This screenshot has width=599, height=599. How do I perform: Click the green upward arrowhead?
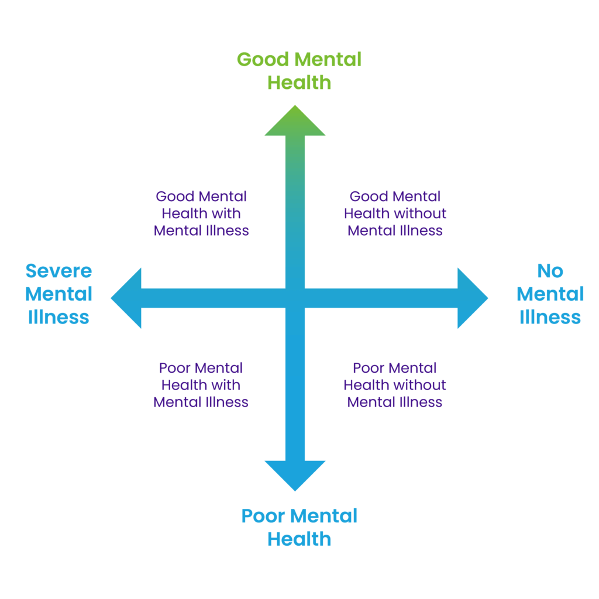tap(295, 123)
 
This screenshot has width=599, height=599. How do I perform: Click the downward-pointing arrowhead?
tap(295, 474)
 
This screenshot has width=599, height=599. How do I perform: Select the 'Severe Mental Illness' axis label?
tap(58, 294)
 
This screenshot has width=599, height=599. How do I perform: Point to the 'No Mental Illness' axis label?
tap(550, 294)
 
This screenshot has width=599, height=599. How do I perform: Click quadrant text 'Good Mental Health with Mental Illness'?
tap(201, 214)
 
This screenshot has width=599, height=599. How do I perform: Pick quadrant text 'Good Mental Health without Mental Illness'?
tap(395, 214)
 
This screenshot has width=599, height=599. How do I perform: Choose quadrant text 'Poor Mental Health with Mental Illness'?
tap(201, 385)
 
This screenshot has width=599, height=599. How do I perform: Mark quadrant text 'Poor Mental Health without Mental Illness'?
tap(395, 385)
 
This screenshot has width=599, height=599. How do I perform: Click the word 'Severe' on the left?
tap(58, 271)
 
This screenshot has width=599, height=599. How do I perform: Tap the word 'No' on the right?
tap(550, 271)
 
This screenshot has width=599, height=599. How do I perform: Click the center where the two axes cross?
tap(295, 298)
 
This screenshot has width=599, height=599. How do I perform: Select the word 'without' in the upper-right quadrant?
tap(423, 214)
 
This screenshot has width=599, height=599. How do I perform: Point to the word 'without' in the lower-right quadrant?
tap(423, 385)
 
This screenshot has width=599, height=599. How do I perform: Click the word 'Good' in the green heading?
tap(263, 60)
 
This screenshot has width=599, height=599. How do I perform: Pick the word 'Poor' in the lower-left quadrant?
tap(175, 368)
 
